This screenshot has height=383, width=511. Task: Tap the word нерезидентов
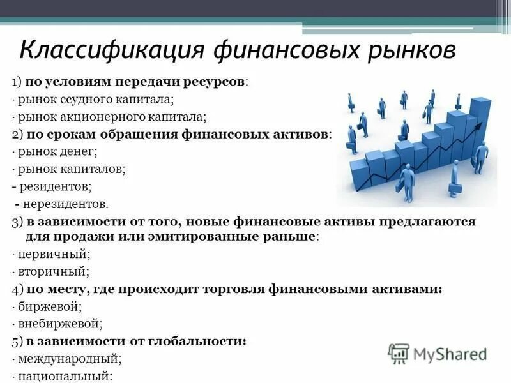tap(66, 204)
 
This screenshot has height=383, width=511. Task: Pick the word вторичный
tap(53, 271)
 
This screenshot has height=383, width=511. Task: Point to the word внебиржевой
tap(59, 324)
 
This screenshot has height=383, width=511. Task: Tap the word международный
tap(69, 359)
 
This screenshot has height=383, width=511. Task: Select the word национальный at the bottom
tap(65, 376)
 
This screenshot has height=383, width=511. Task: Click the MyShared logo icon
tap(399, 353)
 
